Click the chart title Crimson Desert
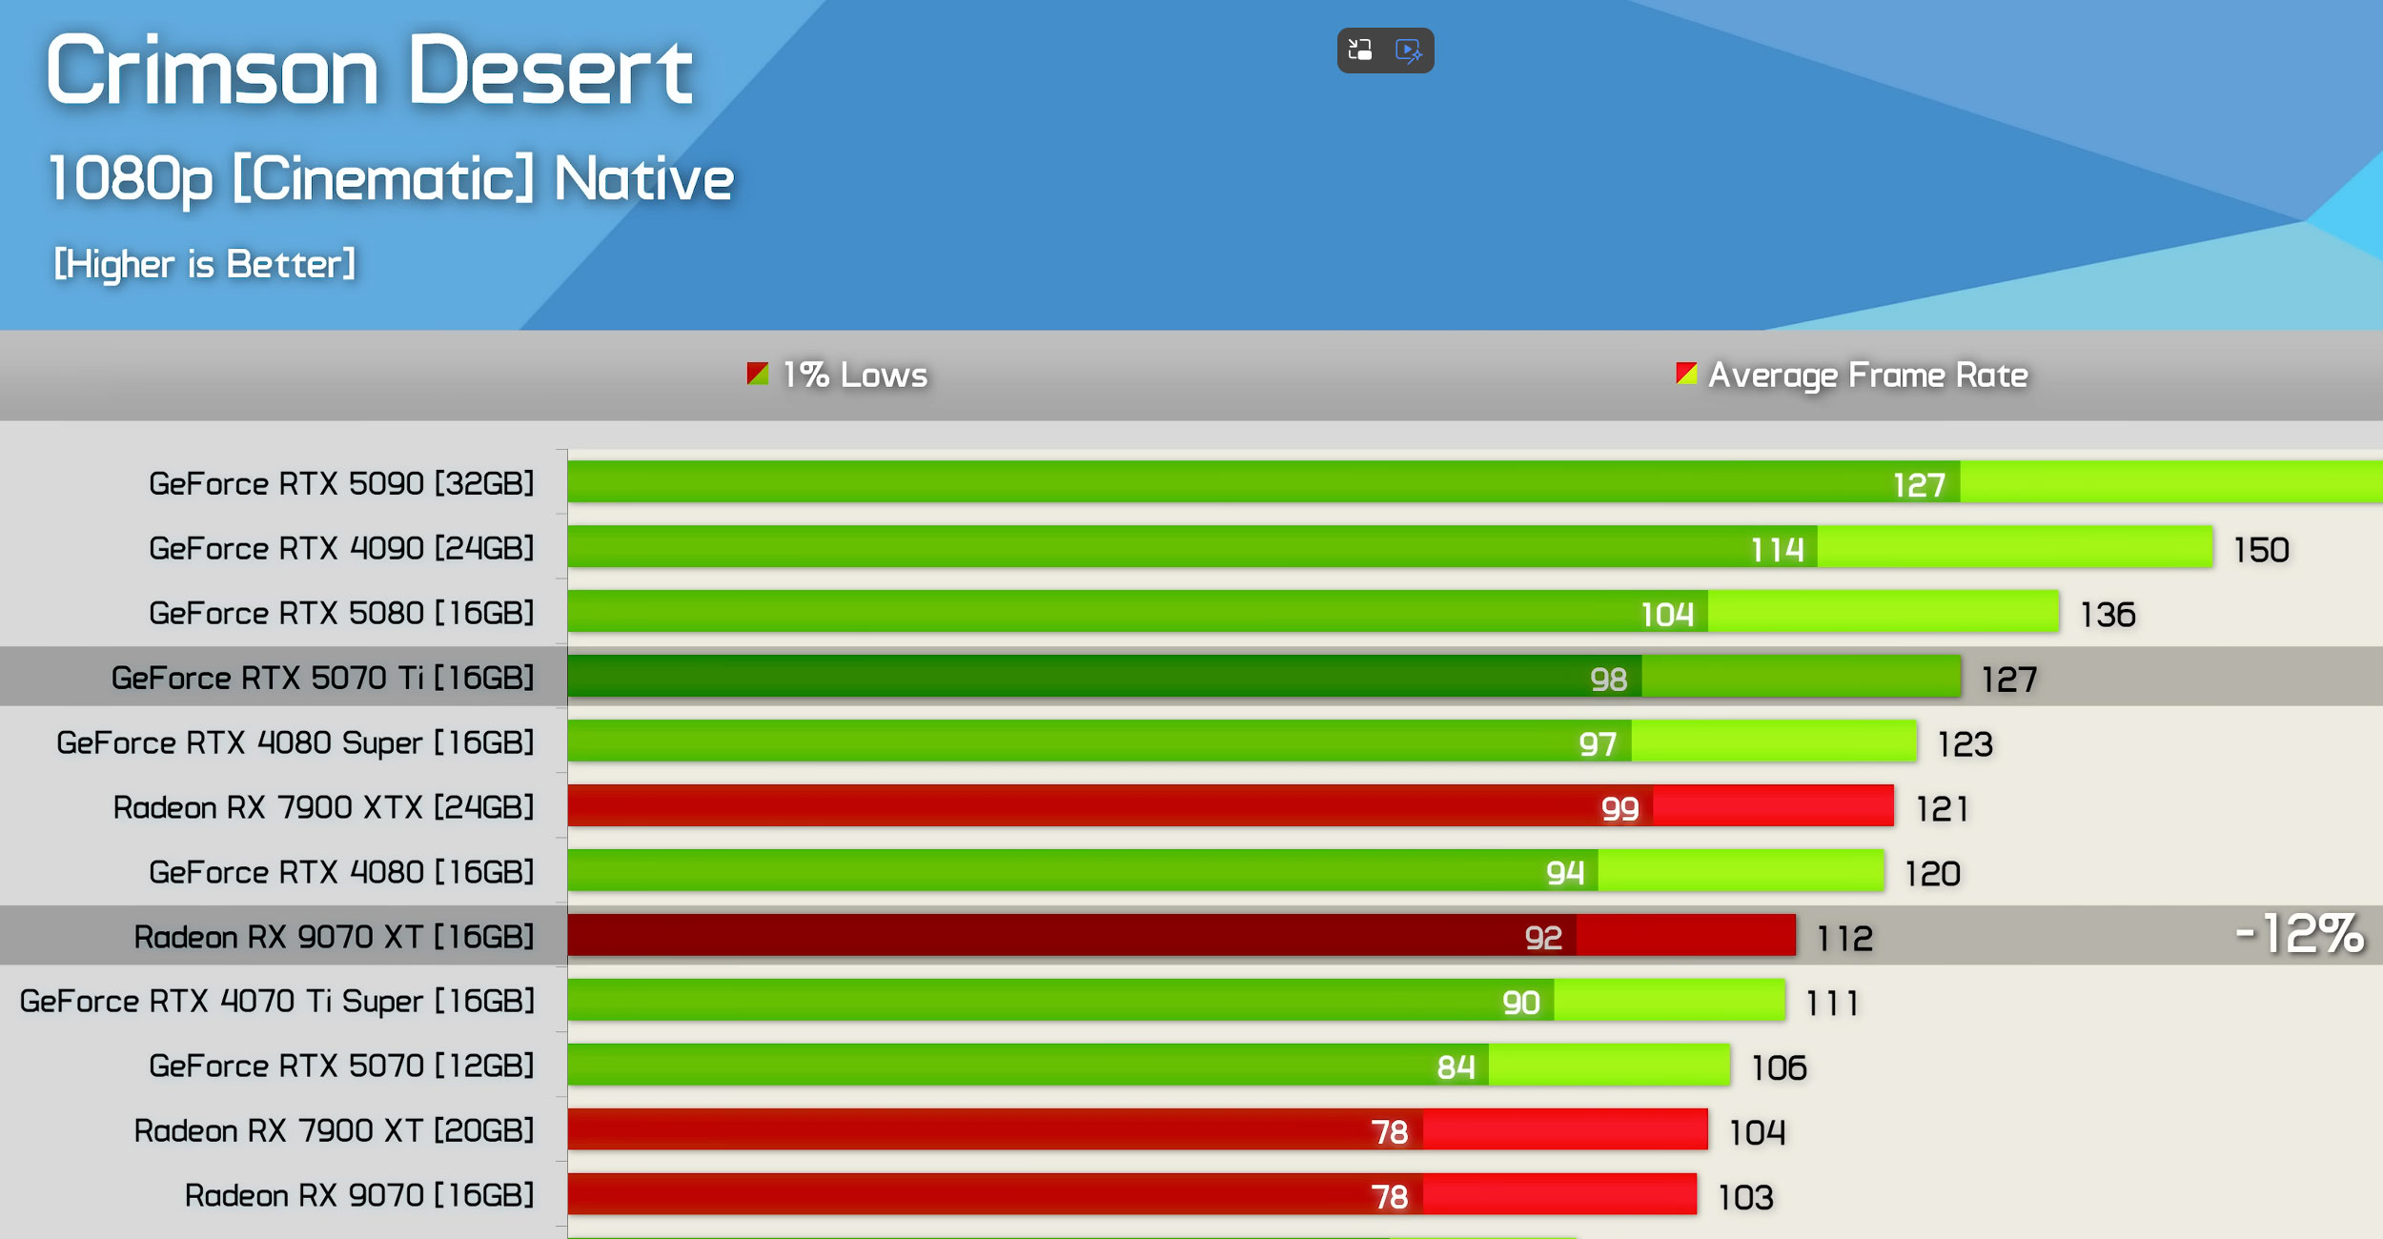pos(369,71)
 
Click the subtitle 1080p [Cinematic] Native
pos(391,179)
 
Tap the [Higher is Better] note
pos(204,264)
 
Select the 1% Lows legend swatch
pos(758,374)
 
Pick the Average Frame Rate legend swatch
pos(1686,374)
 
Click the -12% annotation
pos(2299,933)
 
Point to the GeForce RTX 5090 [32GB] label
pos(341,484)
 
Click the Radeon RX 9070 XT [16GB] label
pos(334,937)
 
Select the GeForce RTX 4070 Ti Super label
pos(276,1002)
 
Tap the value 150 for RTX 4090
pos(2261,550)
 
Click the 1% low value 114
pos(1777,550)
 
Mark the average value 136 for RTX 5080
pos(2108,615)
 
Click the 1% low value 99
pos(1619,809)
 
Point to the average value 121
pos(1942,809)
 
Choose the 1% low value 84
pos(1456,1067)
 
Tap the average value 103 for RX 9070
pos(1745,1197)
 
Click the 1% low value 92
pos(1543,938)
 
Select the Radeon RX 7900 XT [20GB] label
pos(334,1131)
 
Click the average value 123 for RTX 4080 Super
pos(1965,744)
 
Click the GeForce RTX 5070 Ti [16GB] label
pos(322,679)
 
